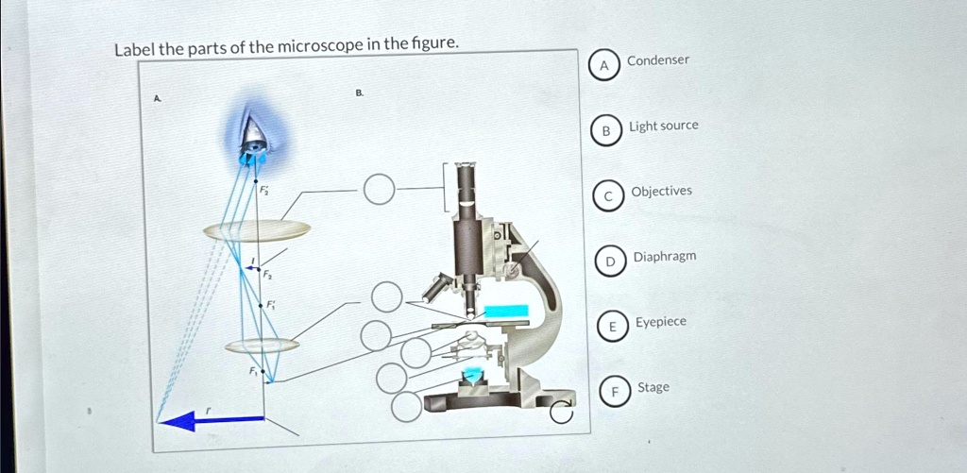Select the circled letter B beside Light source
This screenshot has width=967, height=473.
(606, 131)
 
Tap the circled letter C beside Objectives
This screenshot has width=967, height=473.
(609, 196)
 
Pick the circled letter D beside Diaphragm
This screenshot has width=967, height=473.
(610, 261)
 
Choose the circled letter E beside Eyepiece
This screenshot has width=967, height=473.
(612, 327)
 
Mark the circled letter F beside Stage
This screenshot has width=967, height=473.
(614, 392)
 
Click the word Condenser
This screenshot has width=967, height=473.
(657, 60)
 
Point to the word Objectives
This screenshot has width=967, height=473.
(661, 191)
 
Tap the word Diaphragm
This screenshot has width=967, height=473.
(665, 257)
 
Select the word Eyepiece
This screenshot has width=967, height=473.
(661, 322)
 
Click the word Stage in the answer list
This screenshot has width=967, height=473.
(653, 387)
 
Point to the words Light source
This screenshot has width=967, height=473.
(664, 126)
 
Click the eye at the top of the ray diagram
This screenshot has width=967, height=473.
(253, 143)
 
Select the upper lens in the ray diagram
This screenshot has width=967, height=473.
(257, 229)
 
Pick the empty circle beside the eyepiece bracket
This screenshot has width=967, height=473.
(377, 190)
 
